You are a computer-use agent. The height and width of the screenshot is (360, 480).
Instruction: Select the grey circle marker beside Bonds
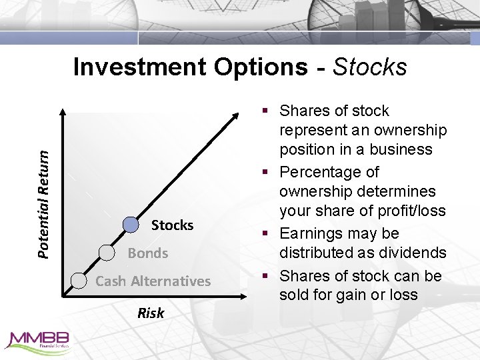click(x=107, y=252)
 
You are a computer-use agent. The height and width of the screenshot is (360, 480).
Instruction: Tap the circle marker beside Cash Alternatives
click(x=79, y=281)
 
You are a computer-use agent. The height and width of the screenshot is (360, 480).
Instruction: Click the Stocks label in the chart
click(x=172, y=225)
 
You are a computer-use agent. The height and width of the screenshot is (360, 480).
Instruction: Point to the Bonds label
click(x=147, y=253)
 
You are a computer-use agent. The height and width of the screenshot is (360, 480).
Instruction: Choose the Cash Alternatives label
click(x=153, y=281)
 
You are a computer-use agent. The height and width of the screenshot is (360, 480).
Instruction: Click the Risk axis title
click(x=151, y=313)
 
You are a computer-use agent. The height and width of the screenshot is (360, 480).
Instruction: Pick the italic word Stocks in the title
click(x=369, y=67)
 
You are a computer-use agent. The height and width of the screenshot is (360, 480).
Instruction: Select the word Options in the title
click(x=265, y=67)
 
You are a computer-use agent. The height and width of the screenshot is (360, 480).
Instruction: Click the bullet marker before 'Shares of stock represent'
click(x=267, y=111)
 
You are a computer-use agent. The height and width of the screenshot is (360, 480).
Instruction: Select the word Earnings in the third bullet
click(x=312, y=233)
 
